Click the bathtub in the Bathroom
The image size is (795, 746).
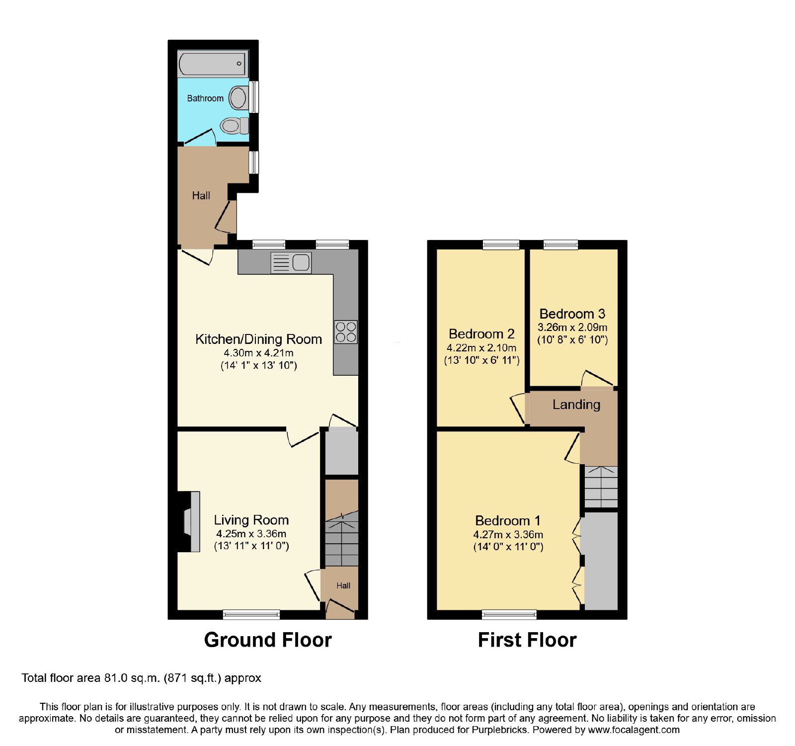tap(213, 64)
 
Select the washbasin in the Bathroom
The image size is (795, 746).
tap(238, 97)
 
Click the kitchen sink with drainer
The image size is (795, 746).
tap(291, 262)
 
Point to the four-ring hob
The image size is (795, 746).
tap(346, 332)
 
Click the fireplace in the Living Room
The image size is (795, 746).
tap(189, 521)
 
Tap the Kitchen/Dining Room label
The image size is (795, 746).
tap(258, 339)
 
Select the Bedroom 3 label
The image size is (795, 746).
tap(572, 314)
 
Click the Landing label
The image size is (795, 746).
tap(576, 405)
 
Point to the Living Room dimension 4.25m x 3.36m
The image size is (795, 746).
tap(251, 534)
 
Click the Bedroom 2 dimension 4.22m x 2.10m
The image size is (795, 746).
tap(481, 348)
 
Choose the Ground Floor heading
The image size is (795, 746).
tap(268, 640)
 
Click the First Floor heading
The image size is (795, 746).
tap(527, 640)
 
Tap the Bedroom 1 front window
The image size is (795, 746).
tap(509, 615)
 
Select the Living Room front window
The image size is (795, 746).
tap(251, 615)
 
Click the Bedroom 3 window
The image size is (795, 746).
tap(560, 245)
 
